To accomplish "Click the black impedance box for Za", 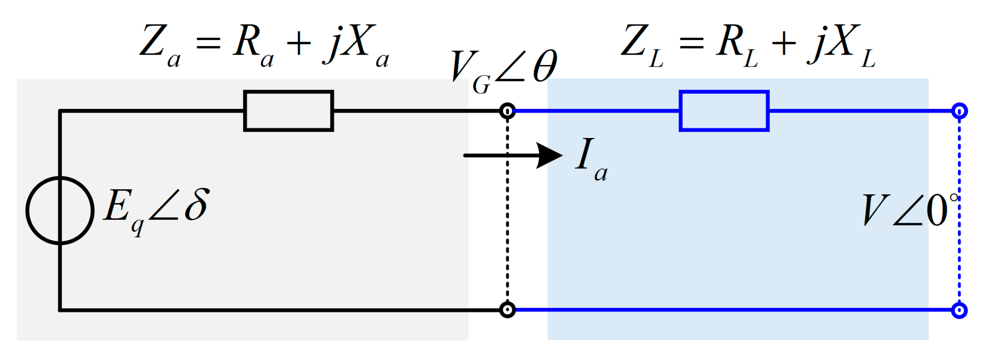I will [288, 111].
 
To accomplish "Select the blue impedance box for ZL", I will [724, 111].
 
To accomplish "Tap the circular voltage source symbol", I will [60, 210].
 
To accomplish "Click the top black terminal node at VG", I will [508, 111].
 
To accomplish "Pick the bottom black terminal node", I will [508, 310].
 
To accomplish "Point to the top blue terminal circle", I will [959, 111].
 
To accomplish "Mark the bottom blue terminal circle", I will [959, 310].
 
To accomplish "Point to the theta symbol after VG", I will [545, 66].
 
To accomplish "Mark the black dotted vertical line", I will [508, 215].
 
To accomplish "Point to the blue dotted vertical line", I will [959, 258].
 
